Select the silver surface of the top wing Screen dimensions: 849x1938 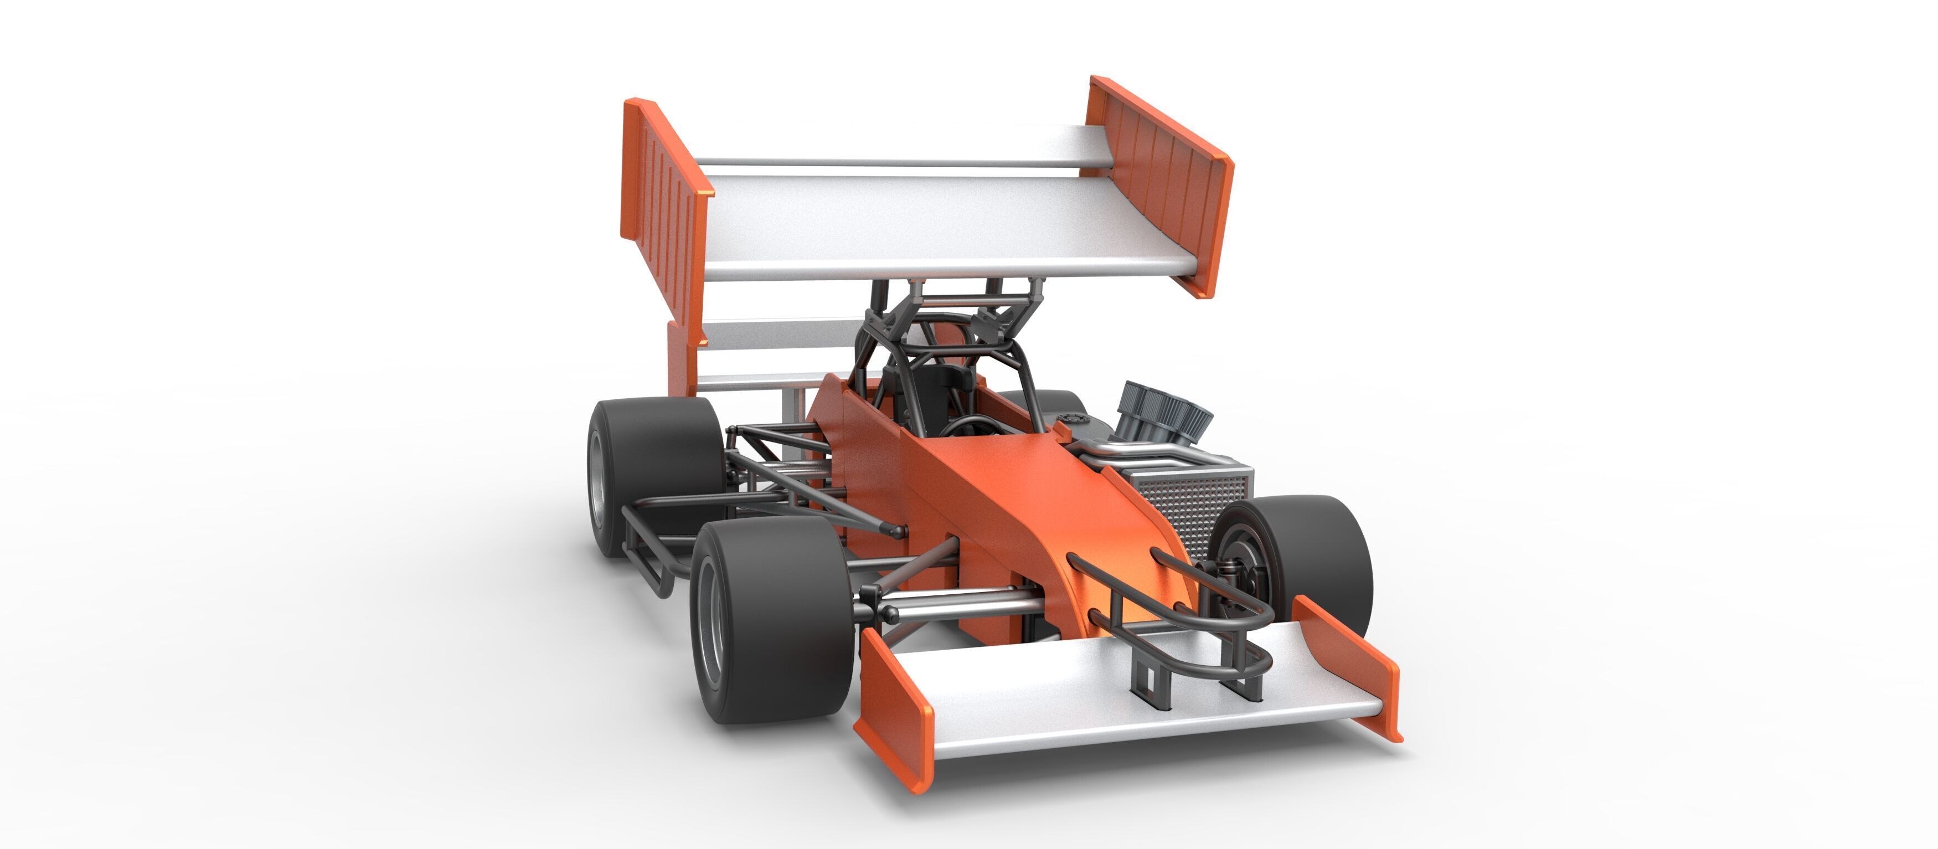pos(940,226)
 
